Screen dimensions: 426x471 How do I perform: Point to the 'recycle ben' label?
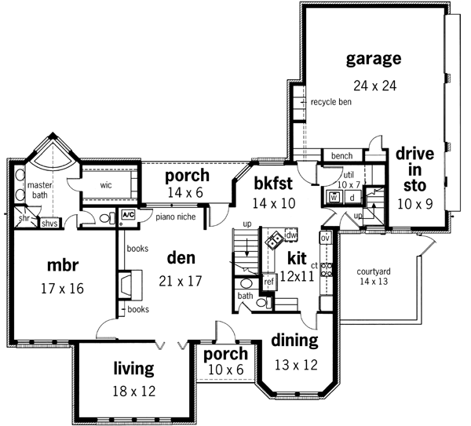coord(330,102)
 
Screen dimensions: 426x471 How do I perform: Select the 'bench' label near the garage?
coord(341,156)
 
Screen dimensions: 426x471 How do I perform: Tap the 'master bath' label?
coord(39,191)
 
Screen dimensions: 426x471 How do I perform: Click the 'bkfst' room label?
coord(273,184)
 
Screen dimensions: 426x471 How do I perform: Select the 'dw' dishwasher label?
coord(292,235)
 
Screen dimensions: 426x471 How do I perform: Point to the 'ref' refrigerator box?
coord(268,281)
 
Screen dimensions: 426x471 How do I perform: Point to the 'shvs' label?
coord(50,224)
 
